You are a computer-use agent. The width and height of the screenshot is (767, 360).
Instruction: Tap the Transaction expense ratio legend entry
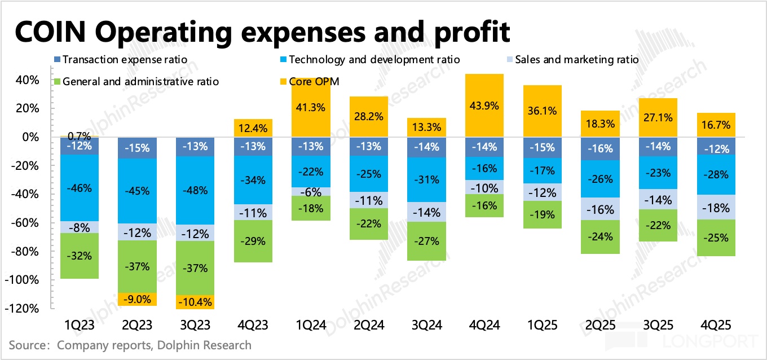125,59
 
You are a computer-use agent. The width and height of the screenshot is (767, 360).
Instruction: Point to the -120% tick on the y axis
24,309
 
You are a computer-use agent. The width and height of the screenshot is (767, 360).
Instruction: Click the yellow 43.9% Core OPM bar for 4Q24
484,105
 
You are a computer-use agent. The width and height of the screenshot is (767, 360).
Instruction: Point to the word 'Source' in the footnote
26,345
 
